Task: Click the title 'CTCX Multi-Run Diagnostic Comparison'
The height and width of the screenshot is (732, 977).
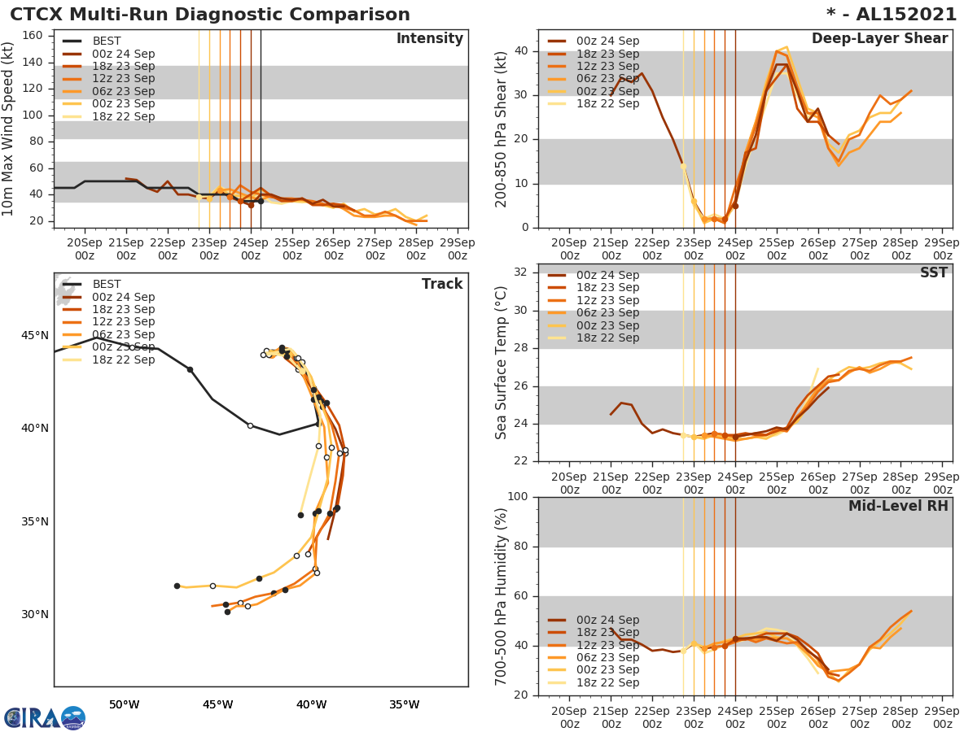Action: pos(210,15)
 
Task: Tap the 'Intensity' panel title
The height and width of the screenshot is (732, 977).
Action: pos(429,39)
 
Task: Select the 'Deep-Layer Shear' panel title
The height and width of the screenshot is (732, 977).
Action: pos(879,39)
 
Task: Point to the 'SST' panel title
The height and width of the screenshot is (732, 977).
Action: pos(933,273)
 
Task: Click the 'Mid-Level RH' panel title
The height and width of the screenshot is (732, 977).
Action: pos(897,506)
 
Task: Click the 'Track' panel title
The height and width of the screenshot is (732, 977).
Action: pos(441,284)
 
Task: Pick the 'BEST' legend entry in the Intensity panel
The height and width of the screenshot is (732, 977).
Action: pos(107,41)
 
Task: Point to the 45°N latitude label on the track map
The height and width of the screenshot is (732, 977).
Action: pos(34,336)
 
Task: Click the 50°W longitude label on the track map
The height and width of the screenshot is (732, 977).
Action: pos(124,704)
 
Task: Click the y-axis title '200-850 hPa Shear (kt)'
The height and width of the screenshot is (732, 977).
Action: pos(502,130)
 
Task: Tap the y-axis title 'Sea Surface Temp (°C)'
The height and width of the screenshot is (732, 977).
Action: pos(502,363)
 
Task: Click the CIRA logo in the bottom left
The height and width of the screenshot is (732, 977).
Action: pos(45,717)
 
